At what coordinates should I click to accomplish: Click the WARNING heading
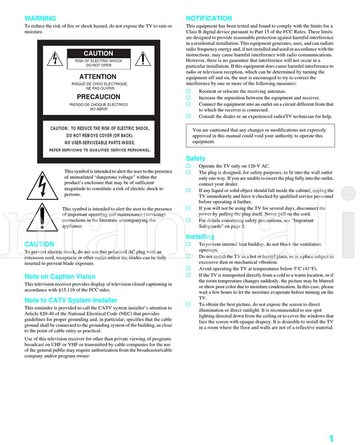40,19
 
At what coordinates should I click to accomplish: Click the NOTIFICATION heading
208,19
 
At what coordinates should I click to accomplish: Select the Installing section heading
200,237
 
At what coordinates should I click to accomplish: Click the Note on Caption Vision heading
59,276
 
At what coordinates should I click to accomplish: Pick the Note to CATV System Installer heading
71,300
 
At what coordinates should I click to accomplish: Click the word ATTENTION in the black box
98,77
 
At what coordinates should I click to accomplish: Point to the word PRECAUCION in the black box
98,97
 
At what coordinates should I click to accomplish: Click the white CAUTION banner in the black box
98,54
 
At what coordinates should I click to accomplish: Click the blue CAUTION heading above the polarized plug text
40,244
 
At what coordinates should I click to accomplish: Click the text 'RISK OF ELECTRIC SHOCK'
98,61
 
